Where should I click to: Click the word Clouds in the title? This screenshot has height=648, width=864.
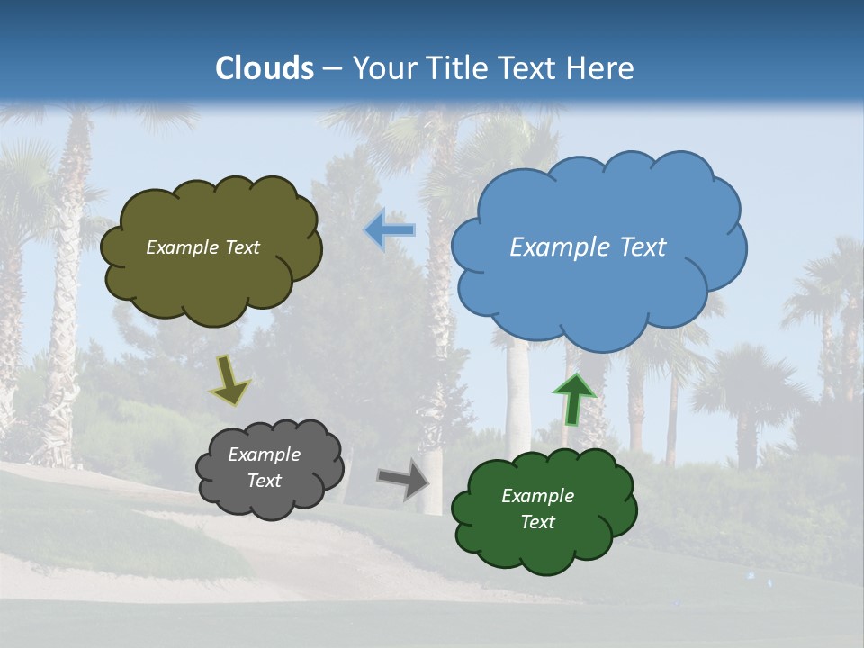[265, 68]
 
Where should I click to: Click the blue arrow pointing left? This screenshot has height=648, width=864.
[390, 229]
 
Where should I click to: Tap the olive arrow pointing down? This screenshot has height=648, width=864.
[229, 381]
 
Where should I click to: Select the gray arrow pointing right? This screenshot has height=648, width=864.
[403, 479]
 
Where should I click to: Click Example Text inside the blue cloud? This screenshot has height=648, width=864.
[588, 247]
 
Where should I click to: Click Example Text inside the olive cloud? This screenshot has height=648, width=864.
[202, 247]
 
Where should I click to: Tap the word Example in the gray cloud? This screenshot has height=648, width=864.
[264, 454]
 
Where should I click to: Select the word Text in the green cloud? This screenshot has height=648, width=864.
[537, 522]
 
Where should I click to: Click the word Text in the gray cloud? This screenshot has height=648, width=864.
[264, 481]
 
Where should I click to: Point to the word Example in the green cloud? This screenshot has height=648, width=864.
[537, 496]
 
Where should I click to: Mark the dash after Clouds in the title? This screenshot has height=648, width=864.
[332, 68]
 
